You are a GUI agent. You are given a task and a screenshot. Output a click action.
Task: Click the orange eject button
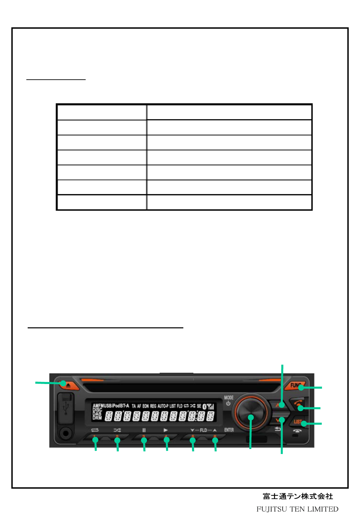(x=68, y=385)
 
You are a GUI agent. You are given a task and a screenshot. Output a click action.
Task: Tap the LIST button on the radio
(x=298, y=422)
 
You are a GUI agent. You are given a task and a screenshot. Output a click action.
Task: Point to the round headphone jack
(x=66, y=433)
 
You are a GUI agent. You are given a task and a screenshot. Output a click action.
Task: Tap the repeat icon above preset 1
(x=95, y=430)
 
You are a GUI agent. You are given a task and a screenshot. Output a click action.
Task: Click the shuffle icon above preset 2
(x=117, y=430)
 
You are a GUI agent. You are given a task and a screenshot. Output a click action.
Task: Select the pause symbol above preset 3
(x=144, y=430)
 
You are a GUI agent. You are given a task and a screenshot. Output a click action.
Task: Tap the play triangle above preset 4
(x=166, y=430)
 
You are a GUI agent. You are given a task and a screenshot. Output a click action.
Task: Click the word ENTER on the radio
(x=229, y=430)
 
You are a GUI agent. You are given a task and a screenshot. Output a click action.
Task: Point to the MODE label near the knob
(x=229, y=398)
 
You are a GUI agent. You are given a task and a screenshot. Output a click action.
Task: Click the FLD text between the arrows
(x=203, y=430)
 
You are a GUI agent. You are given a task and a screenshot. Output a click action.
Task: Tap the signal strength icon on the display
(x=210, y=406)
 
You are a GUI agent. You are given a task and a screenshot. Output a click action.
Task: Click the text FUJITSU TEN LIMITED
(x=297, y=509)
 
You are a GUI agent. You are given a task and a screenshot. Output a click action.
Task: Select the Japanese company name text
(x=298, y=496)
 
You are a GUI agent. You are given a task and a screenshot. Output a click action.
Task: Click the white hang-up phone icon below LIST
(x=297, y=431)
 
